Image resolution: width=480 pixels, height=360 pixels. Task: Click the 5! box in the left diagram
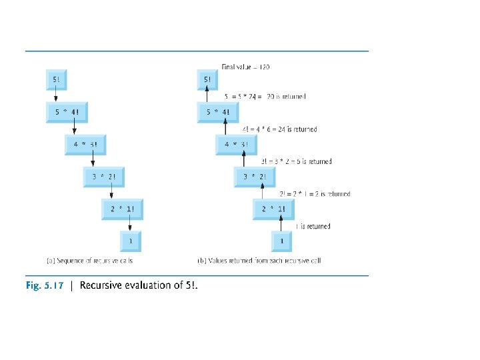(x=55, y=81)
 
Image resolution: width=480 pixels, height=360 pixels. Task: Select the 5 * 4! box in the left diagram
(x=69, y=112)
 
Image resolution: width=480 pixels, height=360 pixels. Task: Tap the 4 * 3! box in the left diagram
(x=89, y=144)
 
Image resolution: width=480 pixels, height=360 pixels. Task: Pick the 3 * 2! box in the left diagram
(x=107, y=176)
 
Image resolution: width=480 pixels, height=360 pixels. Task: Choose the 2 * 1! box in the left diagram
(x=125, y=209)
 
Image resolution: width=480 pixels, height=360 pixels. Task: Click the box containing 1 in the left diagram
(x=131, y=240)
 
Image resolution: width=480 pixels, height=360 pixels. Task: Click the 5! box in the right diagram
(x=207, y=81)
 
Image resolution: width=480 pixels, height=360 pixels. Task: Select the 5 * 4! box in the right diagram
(x=221, y=112)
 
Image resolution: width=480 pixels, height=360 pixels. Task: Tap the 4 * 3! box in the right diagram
(x=240, y=144)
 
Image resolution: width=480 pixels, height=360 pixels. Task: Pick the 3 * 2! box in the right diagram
(x=258, y=176)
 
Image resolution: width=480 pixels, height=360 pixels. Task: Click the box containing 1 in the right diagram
(x=283, y=240)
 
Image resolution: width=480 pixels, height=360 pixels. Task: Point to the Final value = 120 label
(x=245, y=67)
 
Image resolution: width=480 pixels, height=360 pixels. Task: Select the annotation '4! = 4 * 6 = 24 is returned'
(x=279, y=129)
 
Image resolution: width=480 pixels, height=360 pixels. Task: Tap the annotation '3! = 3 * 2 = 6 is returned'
(x=296, y=161)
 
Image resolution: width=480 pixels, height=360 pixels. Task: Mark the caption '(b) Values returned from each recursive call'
(x=259, y=261)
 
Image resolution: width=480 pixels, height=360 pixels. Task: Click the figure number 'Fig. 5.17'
(x=45, y=285)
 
